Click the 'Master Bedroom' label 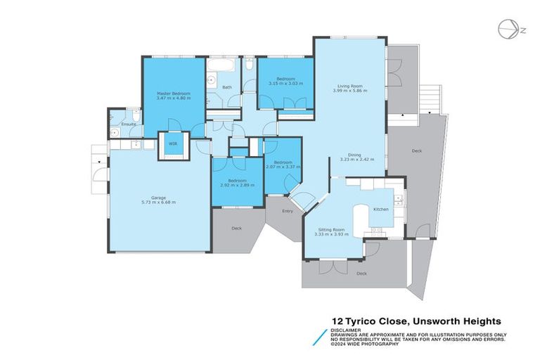(172, 93)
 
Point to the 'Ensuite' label (128, 124)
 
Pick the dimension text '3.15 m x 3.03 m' (285, 84)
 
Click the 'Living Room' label (349, 86)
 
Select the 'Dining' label (354, 155)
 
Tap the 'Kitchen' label (380, 210)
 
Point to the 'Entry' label (288, 210)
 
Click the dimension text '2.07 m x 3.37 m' (283, 167)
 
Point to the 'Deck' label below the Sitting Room (361, 274)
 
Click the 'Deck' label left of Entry (236, 228)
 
